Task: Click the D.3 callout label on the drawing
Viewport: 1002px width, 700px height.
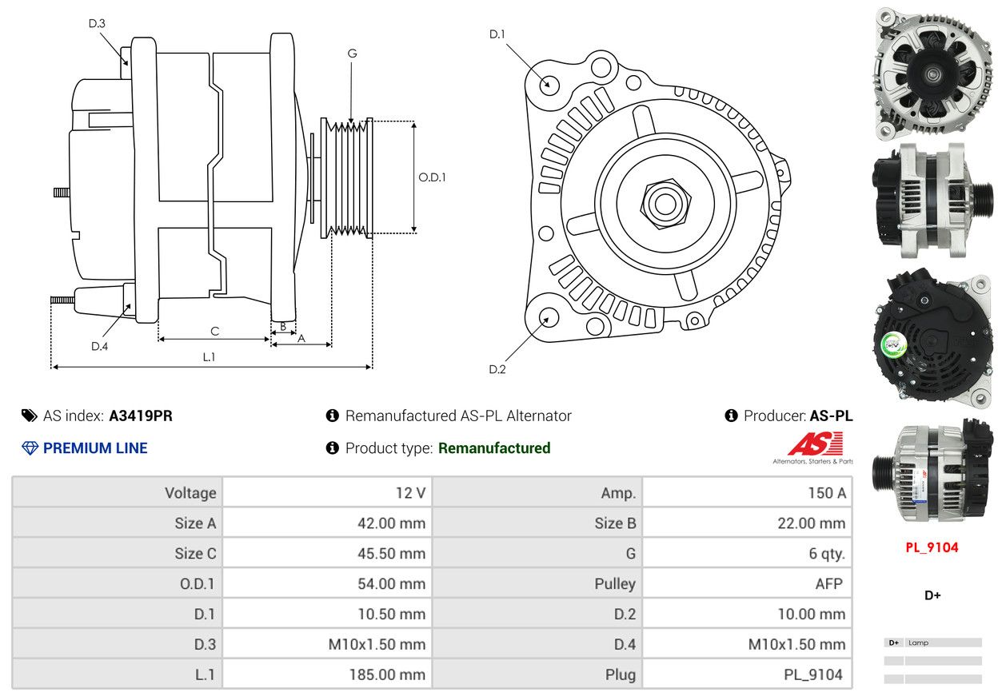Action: tap(97, 23)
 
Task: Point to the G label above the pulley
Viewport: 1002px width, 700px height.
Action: tap(352, 54)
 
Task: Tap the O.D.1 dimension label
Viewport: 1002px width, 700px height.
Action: tap(432, 177)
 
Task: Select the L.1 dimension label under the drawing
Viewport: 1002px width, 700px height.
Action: tap(209, 356)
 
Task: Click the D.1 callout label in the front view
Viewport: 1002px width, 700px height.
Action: tap(497, 34)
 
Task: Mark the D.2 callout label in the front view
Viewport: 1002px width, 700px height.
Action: tap(497, 369)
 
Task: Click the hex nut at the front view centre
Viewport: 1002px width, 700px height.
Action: tap(665, 205)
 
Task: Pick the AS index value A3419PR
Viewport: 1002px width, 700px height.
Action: tap(141, 416)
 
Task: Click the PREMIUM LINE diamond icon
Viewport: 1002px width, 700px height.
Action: tap(30, 448)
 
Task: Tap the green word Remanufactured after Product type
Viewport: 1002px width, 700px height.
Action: tap(494, 448)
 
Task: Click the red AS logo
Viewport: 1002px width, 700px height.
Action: tap(815, 443)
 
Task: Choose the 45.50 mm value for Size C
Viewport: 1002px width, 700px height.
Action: tap(391, 554)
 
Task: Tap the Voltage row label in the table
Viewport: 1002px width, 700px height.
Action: tap(190, 492)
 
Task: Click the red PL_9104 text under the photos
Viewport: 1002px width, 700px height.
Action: tap(932, 547)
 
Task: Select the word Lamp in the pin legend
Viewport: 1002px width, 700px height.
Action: tap(918, 642)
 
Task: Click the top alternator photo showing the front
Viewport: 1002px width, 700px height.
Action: tap(932, 74)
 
